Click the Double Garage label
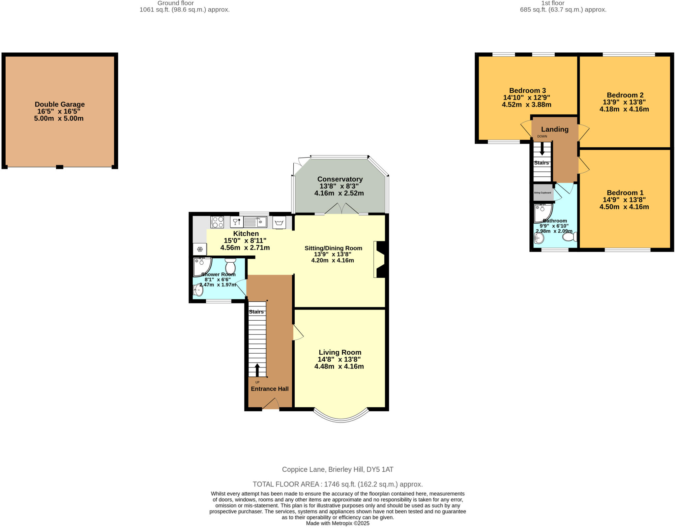pyautogui.click(x=60, y=104)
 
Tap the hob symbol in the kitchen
pyautogui.click(x=217, y=222)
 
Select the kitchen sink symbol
pyautogui.click(x=255, y=222)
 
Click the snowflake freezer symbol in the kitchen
pyautogui.click(x=200, y=249)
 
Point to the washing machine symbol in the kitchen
pyautogui.click(x=279, y=223)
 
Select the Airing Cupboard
pyautogui.click(x=543, y=192)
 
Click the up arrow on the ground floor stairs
pyautogui.click(x=257, y=370)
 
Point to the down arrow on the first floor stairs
pyautogui.click(x=542, y=149)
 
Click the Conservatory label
pyautogui.click(x=340, y=179)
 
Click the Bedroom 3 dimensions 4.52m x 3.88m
pyautogui.click(x=526, y=105)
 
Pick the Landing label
pyautogui.click(x=555, y=130)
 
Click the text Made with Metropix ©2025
pyautogui.click(x=337, y=523)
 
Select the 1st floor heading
pyautogui.click(x=563, y=3)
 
